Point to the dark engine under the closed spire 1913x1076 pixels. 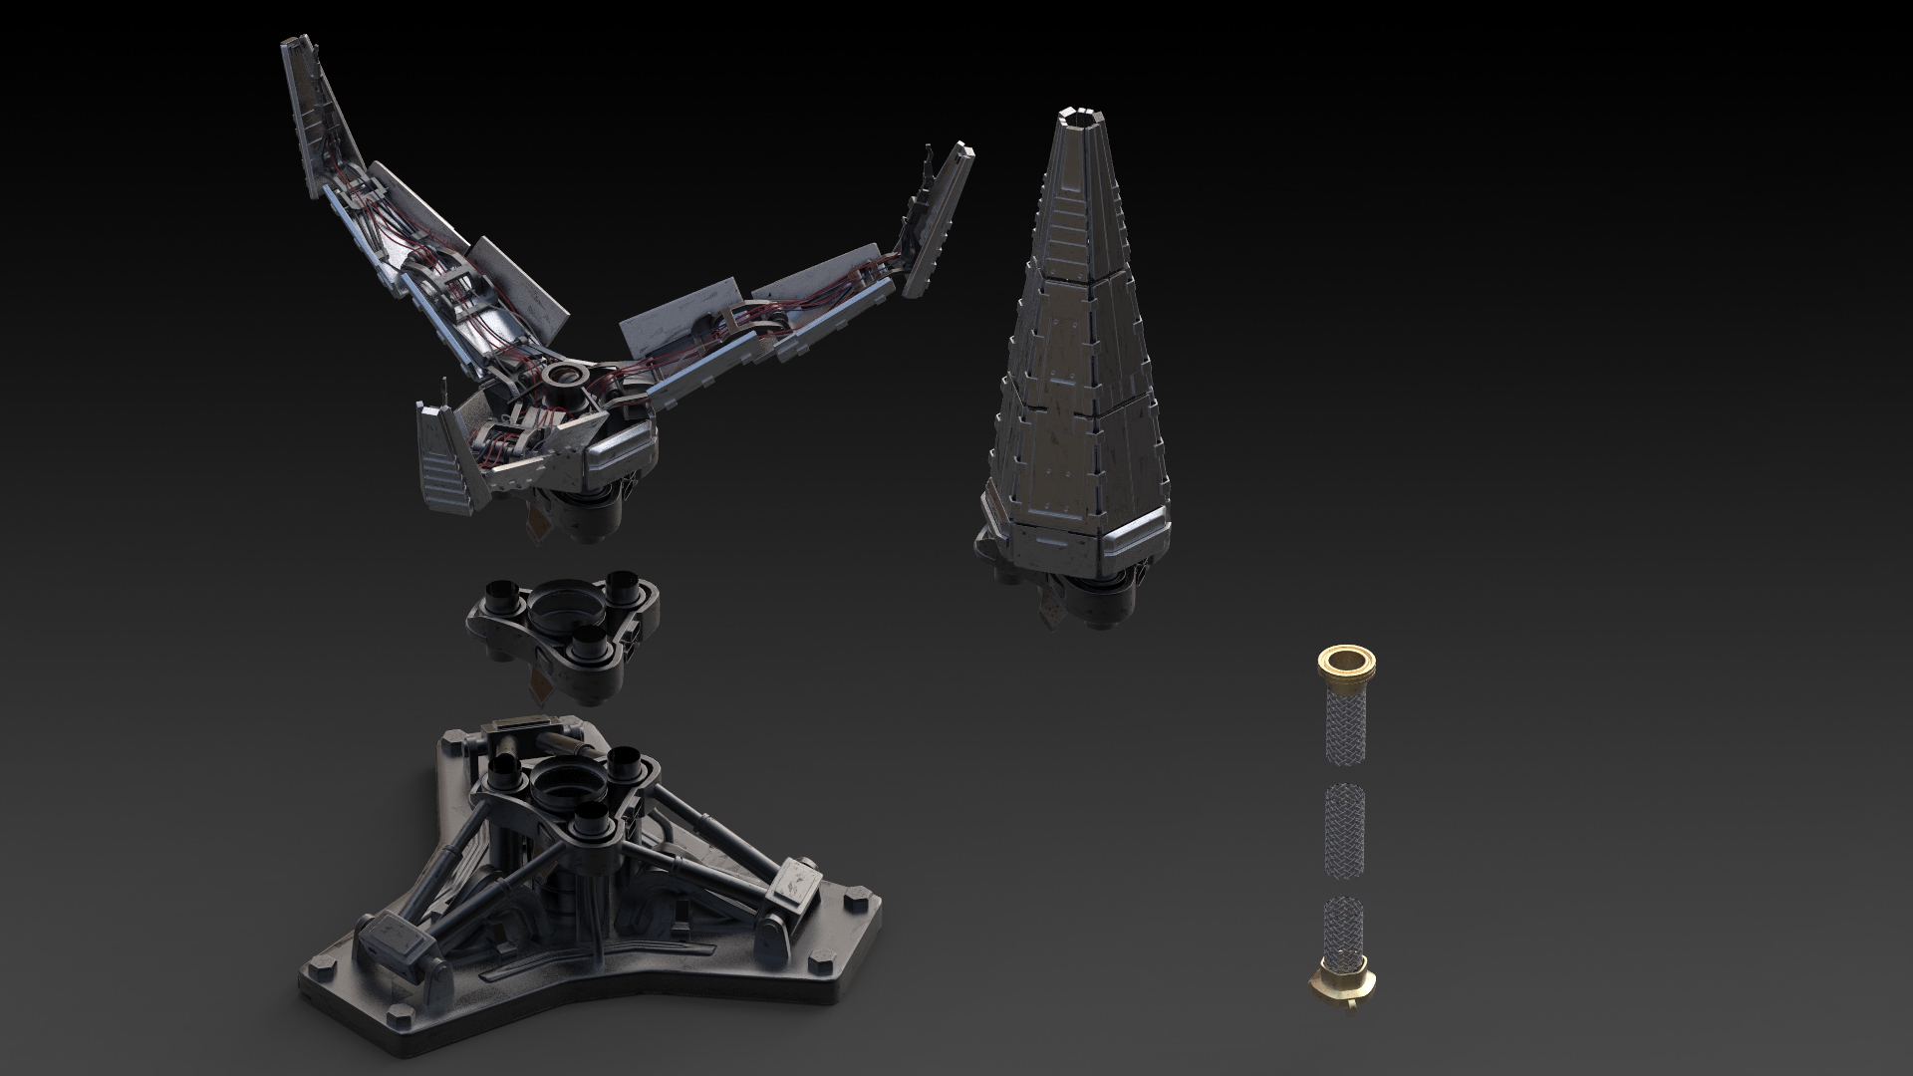[1096, 608]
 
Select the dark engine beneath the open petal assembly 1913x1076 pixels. [588, 514]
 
